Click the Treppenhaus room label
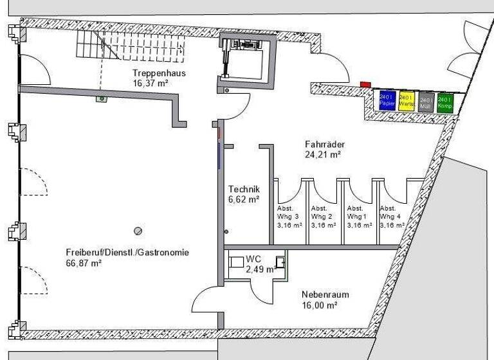(159, 73)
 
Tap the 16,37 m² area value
(150, 83)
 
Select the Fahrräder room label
(323, 145)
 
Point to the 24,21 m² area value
(323, 154)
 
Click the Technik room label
(244, 189)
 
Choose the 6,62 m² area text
(244, 199)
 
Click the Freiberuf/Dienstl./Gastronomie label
(127, 253)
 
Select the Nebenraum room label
(325, 295)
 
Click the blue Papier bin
(387, 100)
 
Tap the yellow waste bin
(406, 100)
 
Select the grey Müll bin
(426, 102)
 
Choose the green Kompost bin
(445, 102)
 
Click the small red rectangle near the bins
(365, 84)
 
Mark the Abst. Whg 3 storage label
(286, 217)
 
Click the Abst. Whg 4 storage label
(389, 217)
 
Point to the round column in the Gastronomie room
(137, 230)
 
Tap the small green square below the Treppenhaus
(101, 99)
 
